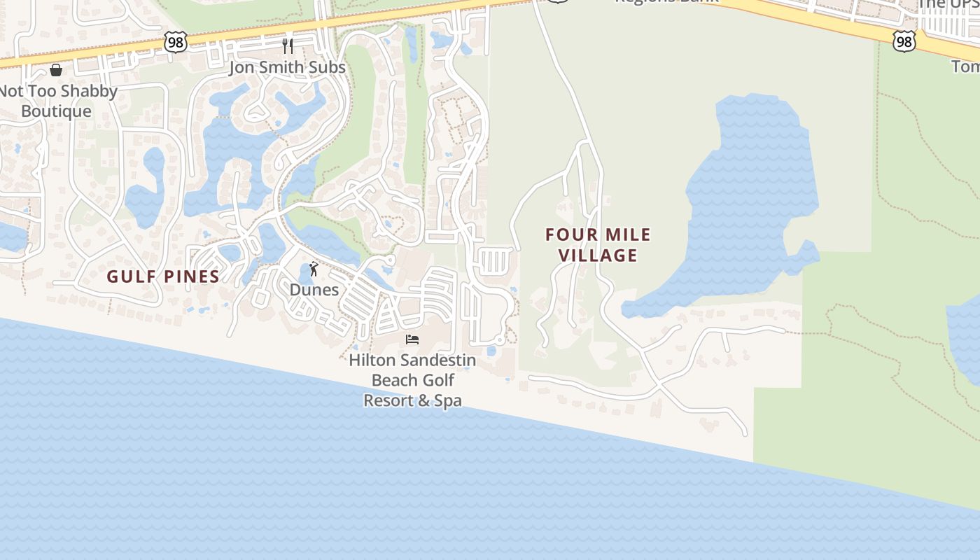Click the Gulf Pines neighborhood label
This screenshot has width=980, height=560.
tap(163, 276)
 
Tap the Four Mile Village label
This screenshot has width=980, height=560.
tap(598, 244)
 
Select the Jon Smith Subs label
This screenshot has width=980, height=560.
tap(287, 67)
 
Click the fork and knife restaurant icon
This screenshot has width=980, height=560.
tap(288, 46)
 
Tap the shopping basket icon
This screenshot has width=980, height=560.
tap(56, 70)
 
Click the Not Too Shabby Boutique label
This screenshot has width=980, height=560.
tap(57, 101)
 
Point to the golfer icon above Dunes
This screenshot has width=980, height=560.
tap(314, 269)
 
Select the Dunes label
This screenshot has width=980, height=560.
tap(314, 290)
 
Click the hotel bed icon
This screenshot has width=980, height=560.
tap(412, 339)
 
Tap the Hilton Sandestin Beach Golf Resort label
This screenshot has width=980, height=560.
tap(412, 380)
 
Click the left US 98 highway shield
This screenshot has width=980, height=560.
tap(176, 42)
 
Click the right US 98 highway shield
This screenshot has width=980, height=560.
tap(904, 42)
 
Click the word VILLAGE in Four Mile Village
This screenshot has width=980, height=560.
tap(598, 255)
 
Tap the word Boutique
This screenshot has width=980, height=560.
tap(56, 111)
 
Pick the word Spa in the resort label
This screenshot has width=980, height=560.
tap(448, 401)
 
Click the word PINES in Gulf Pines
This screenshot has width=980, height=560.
tap(191, 276)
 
